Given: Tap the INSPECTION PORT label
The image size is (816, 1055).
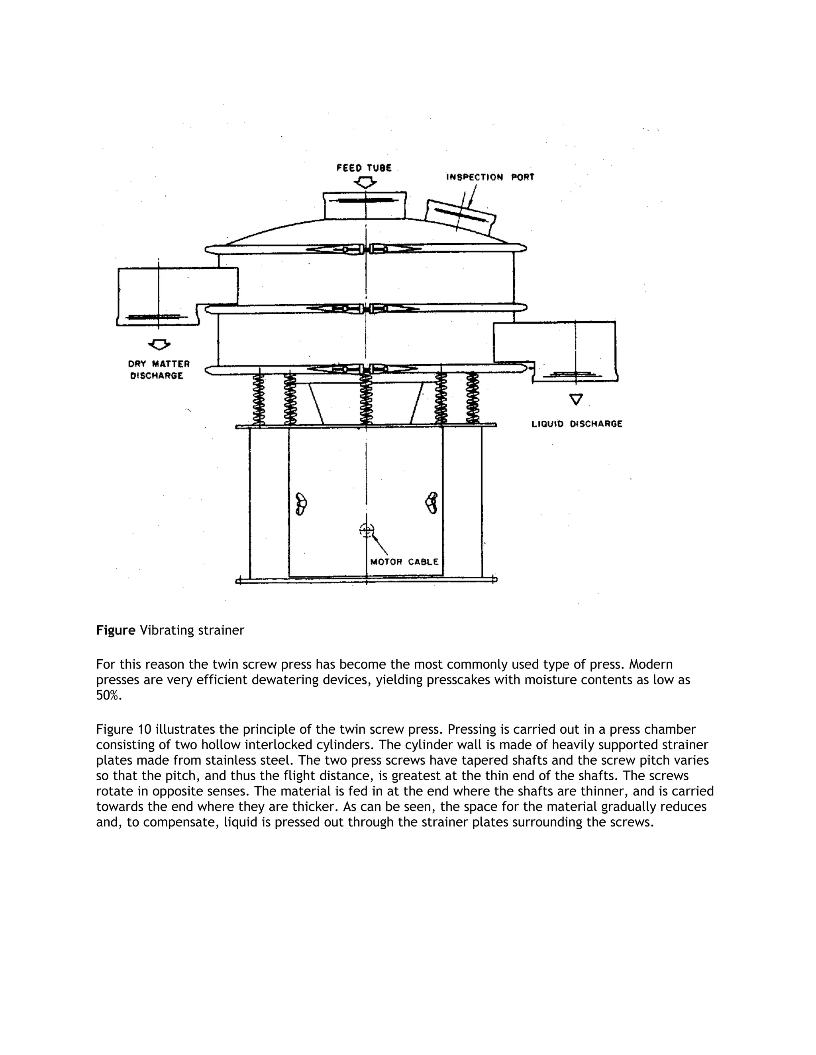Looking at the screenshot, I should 490,177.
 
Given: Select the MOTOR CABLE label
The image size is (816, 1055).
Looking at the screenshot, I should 404,562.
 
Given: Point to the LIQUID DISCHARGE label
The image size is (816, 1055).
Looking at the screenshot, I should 577,424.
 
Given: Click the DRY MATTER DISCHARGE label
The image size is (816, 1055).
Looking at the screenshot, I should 159,369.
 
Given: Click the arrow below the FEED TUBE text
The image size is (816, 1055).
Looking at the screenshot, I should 365,183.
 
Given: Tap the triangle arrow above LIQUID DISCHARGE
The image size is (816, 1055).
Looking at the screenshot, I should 576,399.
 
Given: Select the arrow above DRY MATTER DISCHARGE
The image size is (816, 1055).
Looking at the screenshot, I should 159,344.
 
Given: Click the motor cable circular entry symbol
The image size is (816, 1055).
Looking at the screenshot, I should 367,530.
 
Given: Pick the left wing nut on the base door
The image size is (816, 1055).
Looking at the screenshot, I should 301,504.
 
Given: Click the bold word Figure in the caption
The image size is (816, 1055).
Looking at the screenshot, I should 116,630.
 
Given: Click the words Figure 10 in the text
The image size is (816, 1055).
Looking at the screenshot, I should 124,729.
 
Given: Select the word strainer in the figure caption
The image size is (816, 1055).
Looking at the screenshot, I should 220,630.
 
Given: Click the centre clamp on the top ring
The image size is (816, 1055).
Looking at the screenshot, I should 366,249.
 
